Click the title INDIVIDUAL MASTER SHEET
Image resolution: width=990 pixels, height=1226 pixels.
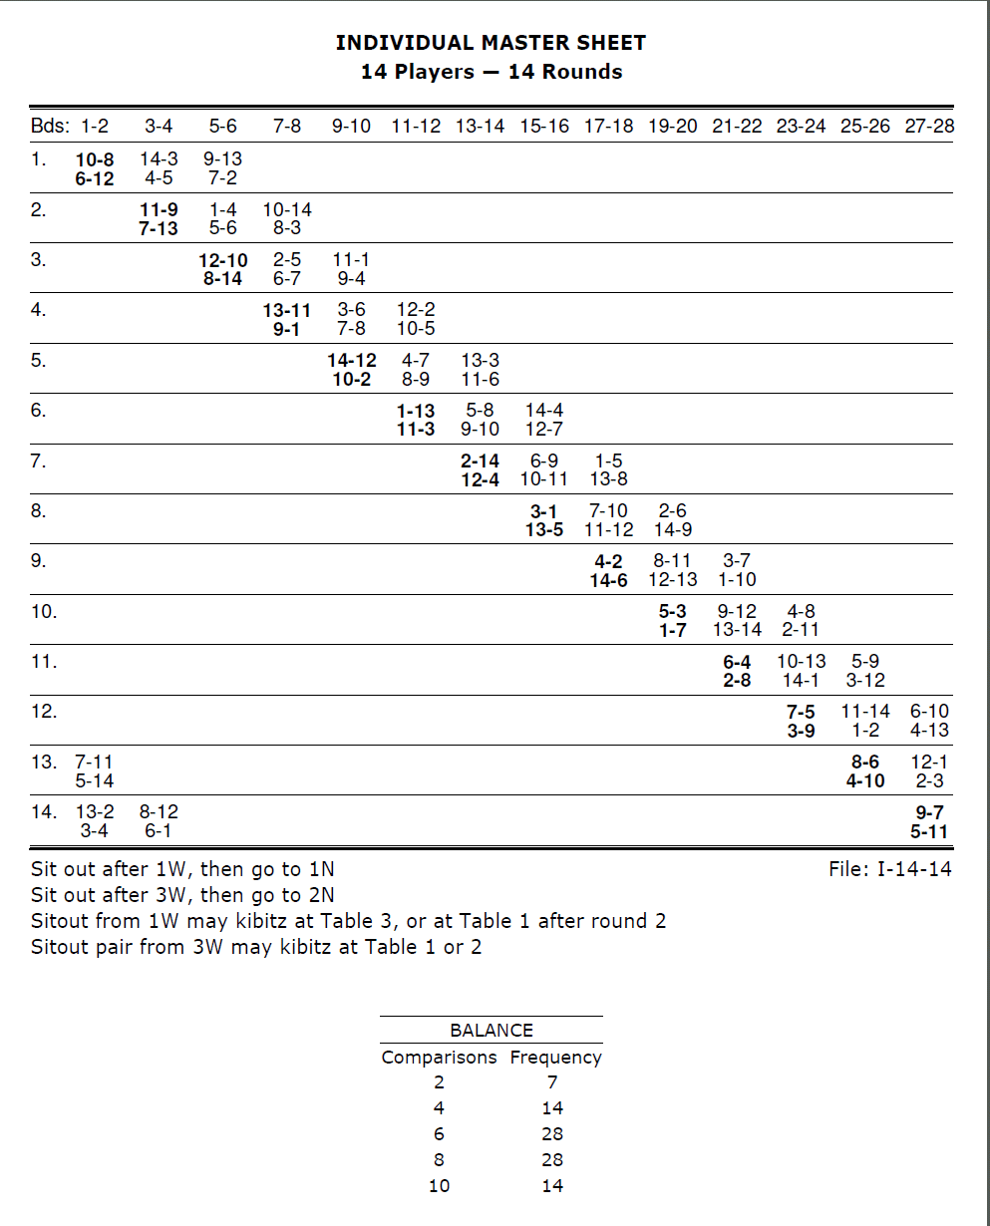(491, 43)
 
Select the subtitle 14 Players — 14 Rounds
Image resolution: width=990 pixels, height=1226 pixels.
(491, 72)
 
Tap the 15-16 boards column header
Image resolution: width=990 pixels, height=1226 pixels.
(544, 127)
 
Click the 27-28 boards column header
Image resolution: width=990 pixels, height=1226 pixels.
(928, 127)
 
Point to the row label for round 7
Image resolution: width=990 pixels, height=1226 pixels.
(39, 461)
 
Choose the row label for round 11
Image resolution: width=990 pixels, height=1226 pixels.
(44, 661)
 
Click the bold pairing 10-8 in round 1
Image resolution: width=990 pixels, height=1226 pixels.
(95, 159)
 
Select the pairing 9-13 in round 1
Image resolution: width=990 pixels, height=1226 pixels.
(222, 159)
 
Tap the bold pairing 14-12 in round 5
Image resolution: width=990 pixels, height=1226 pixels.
(352, 361)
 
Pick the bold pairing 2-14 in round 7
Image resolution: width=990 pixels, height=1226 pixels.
(480, 461)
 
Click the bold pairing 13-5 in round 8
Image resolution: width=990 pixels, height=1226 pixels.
(544, 530)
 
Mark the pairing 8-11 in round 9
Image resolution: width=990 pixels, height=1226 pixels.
(673, 561)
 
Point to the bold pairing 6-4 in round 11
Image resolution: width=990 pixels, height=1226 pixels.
(737, 662)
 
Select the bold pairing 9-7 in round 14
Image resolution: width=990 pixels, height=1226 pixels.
(929, 812)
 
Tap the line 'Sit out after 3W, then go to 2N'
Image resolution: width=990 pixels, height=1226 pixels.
(182, 895)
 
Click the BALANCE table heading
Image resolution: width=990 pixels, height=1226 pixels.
(491, 1031)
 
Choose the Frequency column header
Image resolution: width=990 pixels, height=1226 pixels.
(555, 1058)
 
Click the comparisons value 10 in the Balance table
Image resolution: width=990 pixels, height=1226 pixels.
(439, 1186)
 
